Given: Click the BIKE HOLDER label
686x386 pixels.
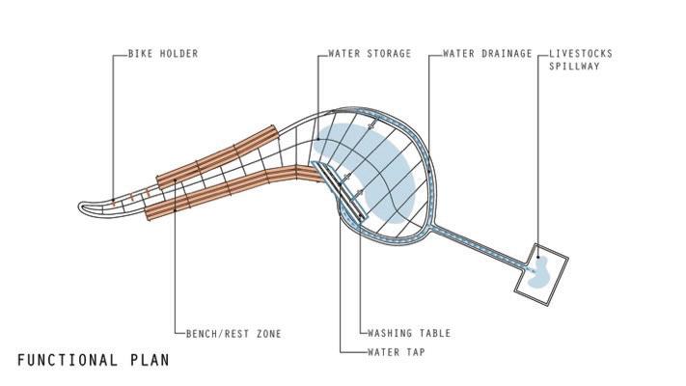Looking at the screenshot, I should [x=162, y=54].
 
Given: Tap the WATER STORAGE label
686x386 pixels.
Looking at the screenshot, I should [x=370, y=54].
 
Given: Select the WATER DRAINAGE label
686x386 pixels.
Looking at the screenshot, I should [x=487, y=54].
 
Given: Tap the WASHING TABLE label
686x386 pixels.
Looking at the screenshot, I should [x=409, y=334].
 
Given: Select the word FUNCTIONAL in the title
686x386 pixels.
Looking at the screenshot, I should [x=66, y=361].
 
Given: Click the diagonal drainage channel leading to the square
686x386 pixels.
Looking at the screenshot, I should [x=478, y=247].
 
